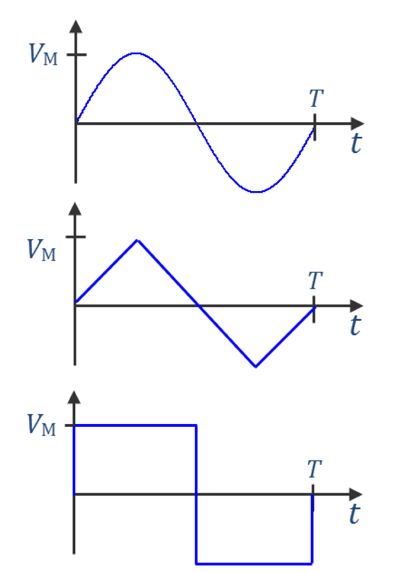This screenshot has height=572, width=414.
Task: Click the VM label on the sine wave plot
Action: pos(42,55)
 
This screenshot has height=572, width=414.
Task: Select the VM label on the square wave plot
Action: pos(42,427)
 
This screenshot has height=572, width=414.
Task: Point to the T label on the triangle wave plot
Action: pos(315,279)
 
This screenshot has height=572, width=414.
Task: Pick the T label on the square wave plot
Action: pos(315,469)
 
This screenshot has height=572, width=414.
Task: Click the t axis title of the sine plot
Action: pos(355,144)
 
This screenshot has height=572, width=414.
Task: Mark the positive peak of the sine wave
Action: pos(136,54)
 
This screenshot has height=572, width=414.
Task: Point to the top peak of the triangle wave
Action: pos(137,240)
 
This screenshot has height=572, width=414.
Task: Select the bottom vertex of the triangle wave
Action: pos(256,367)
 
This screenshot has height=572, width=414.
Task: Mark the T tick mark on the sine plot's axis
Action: pos(315,127)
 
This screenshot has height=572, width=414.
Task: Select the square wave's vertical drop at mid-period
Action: pos(196,494)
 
